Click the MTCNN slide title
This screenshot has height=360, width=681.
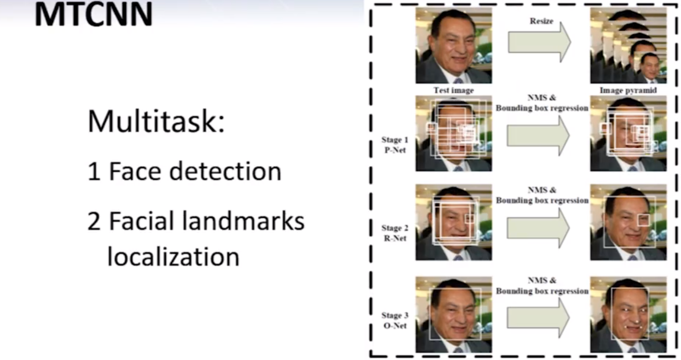pos(94,15)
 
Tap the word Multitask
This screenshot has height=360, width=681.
pos(156,121)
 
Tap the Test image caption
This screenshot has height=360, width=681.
pos(453,90)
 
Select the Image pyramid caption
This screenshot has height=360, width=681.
pos(628,90)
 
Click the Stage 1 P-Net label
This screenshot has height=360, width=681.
pos(395,145)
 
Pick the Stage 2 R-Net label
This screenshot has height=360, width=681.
pos(395,233)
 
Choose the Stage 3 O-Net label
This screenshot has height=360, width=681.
pos(395,320)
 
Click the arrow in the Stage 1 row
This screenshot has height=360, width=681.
pos(539,135)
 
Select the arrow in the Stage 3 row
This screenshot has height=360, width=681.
pos(539,318)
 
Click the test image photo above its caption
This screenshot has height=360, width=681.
pos(453,45)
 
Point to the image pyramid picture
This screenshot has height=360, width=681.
pos(628,45)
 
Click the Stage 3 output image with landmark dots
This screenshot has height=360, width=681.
pos(628,315)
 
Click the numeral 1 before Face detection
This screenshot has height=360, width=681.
pos(93,172)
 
